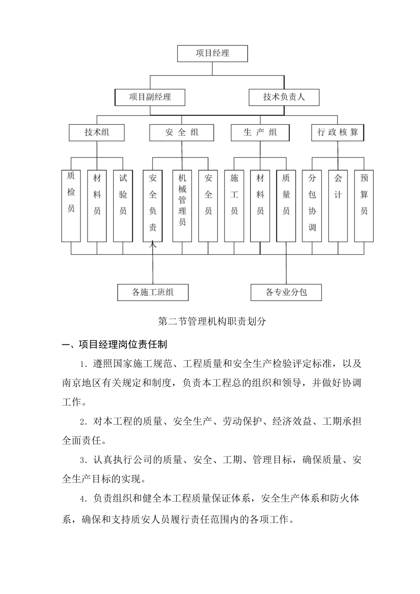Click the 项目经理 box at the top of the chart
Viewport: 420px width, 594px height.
coord(212,53)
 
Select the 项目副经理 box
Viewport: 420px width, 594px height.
coord(149,97)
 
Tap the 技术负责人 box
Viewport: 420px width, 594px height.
coord(284,97)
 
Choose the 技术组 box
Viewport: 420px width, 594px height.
coord(97,132)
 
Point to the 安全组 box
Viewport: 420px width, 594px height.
coord(182,132)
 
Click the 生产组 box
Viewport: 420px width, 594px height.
coord(260,132)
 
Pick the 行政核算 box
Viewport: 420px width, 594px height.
coord(338,132)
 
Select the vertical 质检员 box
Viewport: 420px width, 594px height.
coord(71,206)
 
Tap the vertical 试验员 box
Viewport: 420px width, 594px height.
coord(123,206)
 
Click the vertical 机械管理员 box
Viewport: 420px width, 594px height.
coord(182,206)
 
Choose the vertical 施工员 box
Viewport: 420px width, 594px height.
coord(234,206)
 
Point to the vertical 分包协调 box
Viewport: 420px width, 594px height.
coord(312,206)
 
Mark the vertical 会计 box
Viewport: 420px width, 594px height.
coord(338,206)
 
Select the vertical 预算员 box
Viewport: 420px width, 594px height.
coord(364,206)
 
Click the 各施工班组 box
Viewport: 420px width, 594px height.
coord(153,292)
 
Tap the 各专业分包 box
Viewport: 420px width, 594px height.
coord(286,292)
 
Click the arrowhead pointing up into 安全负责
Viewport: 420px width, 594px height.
coord(153,244)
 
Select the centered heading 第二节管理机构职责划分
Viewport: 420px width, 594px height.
coord(212,321)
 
